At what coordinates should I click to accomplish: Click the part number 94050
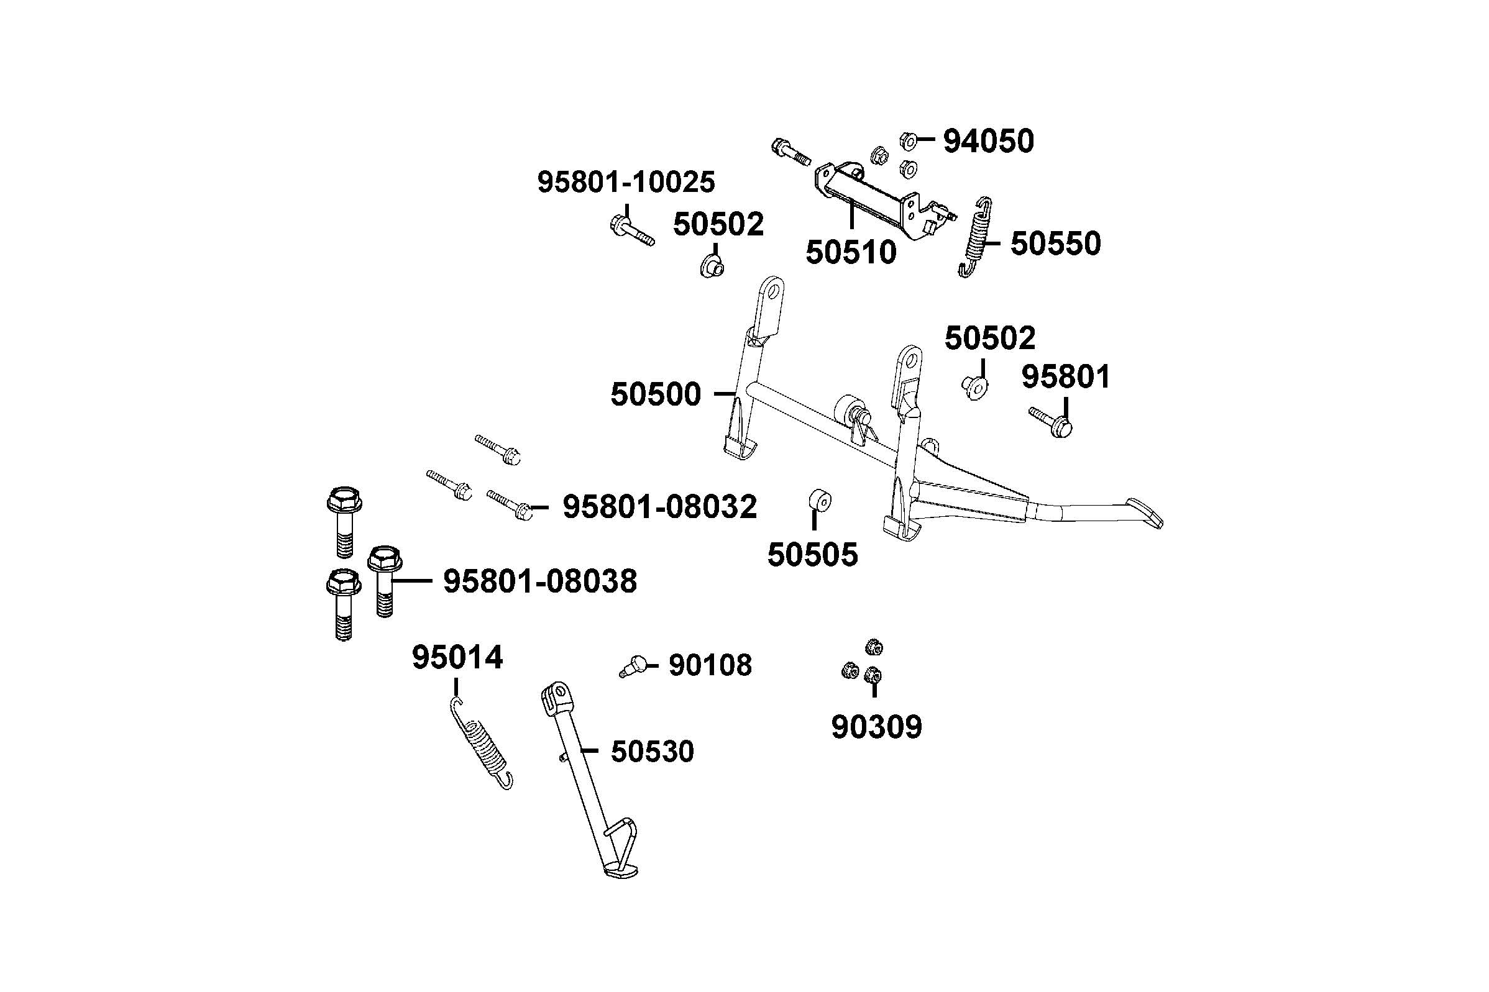988,141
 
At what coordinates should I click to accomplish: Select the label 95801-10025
626,182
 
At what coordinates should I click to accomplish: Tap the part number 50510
851,252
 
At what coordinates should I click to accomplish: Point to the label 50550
1055,243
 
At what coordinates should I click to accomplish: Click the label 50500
656,394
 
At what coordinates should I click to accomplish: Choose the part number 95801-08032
659,507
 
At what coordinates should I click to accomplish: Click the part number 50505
812,555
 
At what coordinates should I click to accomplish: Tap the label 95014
457,657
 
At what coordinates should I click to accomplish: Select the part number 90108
710,665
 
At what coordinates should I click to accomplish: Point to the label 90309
876,727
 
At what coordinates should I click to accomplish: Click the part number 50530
652,752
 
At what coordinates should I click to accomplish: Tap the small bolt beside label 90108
632,667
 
